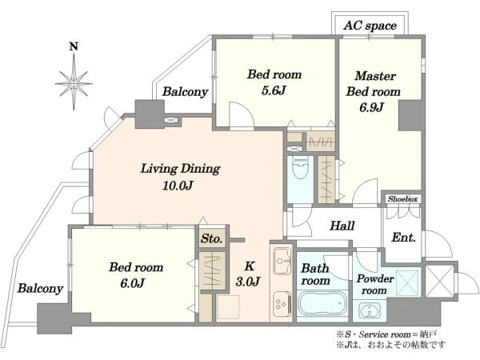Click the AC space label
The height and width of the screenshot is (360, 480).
point(370,26)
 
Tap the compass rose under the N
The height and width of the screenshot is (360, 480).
point(74,82)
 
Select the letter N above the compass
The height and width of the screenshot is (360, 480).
point(74,46)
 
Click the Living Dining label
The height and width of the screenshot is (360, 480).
point(180,169)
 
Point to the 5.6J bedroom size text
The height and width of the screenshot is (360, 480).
point(274,90)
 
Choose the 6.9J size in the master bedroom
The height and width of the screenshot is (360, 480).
point(372,108)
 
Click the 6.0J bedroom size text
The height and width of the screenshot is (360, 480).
point(132,283)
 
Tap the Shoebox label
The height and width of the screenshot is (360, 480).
point(403,199)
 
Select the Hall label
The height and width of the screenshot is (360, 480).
point(342,226)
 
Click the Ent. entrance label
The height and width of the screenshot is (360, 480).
point(403,238)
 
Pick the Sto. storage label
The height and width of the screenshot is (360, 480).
point(211,238)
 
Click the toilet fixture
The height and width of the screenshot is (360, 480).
point(300,167)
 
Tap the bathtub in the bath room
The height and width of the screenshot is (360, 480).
point(322,306)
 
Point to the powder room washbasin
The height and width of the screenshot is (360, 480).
point(370,312)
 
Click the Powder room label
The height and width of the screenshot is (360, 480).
point(374,284)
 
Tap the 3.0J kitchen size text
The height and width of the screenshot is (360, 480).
point(248,282)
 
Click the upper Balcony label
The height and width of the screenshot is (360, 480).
point(186,91)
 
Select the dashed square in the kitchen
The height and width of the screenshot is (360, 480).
point(228,307)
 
